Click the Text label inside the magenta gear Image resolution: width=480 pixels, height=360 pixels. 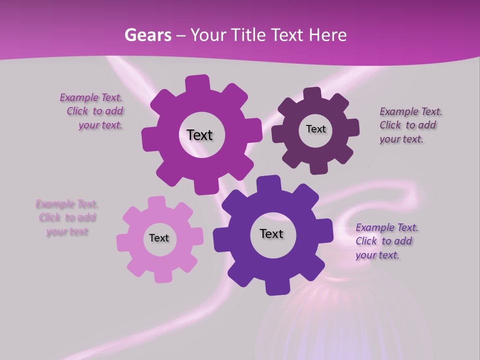pos(199,135)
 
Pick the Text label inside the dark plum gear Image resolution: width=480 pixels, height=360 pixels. pos(315,129)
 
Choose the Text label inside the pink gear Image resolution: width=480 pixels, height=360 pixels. pos(159,238)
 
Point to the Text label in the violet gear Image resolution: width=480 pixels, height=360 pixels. pos(271,233)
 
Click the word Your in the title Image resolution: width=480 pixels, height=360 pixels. pos(208,35)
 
